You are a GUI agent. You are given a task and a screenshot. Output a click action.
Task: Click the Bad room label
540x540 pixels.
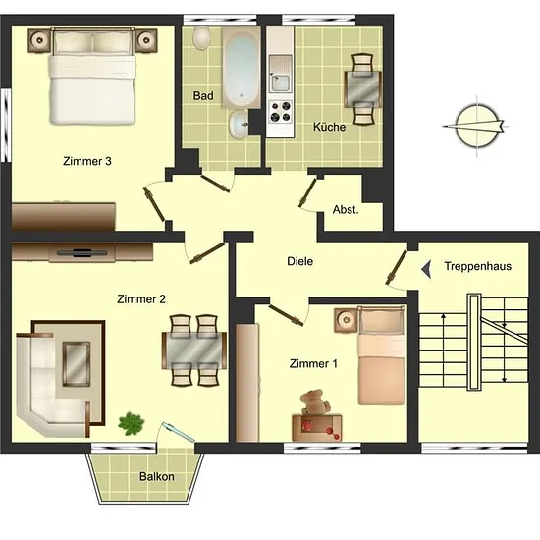[203, 95]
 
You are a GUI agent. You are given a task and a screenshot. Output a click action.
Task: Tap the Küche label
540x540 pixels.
[329, 127]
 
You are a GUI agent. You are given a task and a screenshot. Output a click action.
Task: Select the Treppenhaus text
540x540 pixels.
[478, 266]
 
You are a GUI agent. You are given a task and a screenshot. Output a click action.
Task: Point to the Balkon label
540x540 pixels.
[157, 476]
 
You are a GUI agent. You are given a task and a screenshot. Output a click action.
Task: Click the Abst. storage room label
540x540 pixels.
[346, 209]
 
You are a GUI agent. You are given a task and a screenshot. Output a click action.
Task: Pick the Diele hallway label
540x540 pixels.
[300, 261]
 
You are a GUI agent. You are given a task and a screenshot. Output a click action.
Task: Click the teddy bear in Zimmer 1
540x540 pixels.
[315, 402]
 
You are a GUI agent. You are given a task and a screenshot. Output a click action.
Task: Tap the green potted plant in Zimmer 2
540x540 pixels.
[131, 423]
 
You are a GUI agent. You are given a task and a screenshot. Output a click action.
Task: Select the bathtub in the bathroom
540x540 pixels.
[242, 67]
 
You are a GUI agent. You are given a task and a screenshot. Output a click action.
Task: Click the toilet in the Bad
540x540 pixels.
[202, 37]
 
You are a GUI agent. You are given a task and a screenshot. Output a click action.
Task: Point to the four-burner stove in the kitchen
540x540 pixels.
[281, 112]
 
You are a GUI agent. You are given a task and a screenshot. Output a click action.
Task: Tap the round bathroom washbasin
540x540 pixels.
[239, 125]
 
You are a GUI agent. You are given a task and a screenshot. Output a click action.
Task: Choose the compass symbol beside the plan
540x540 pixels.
[476, 127]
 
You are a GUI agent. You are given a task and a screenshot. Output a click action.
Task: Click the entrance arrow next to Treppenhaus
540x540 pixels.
[426, 269]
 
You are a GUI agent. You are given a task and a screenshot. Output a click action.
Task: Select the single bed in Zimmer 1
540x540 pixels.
[381, 354]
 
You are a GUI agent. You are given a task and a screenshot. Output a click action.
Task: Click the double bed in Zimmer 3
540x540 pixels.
[92, 76]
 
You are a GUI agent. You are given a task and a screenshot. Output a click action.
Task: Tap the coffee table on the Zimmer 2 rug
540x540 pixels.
[77, 364]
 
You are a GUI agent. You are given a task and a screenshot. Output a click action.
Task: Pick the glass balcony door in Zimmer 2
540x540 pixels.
[179, 432]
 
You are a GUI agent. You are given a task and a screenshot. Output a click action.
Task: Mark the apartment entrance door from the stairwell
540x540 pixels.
[397, 267]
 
